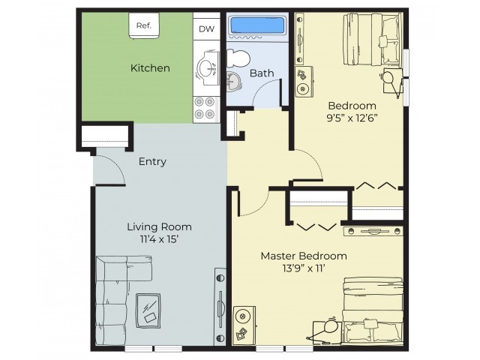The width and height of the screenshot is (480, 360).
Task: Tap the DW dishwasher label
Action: tap(205, 29)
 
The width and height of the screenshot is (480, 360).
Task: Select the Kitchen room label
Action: tap(150, 68)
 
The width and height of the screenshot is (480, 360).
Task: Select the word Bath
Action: tap(261, 73)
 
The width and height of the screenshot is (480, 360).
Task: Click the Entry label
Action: tap(152, 161)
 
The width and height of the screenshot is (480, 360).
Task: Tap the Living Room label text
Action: tap(159, 226)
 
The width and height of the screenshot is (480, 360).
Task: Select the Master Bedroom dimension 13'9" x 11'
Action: tap(297, 268)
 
